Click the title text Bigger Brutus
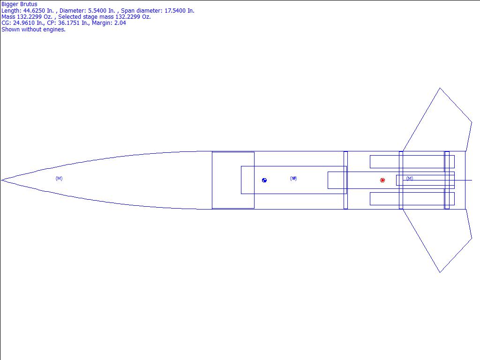19,4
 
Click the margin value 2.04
120,23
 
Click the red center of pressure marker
382,180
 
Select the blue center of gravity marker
264,180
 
